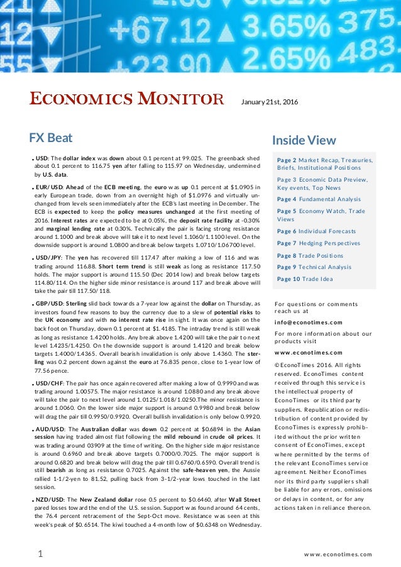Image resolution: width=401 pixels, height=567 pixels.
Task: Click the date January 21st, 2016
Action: pyautogui.click(x=270, y=102)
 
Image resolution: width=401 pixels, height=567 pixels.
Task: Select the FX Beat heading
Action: pyautogui.click(x=51, y=138)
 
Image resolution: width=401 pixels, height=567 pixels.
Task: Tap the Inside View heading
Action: pyautogui.click(x=304, y=140)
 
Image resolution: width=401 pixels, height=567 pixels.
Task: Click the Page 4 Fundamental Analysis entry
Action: pyautogui.click(x=319, y=199)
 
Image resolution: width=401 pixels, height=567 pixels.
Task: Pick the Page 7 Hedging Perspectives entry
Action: pyautogui.click(x=319, y=243)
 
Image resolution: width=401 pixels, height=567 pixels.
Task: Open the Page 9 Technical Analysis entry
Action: pyautogui.click(x=314, y=267)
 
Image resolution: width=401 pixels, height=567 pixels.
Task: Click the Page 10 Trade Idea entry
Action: pyautogui.click(x=305, y=279)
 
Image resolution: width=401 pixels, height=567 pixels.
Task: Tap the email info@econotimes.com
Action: pyautogui.click(x=309, y=322)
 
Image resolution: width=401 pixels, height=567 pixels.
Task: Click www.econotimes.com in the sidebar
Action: pyautogui.click(x=309, y=353)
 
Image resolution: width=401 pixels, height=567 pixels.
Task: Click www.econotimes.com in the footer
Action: pyautogui.click(x=338, y=554)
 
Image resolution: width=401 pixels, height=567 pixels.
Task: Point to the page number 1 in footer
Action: pyautogui.click(x=40, y=554)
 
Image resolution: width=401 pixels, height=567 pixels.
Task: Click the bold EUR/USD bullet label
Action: pyautogui.click(x=50, y=187)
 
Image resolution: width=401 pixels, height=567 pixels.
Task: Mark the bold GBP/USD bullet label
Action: pyautogui.click(x=50, y=304)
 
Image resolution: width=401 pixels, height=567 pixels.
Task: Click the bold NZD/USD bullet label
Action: pyautogui.click(x=50, y=499)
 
